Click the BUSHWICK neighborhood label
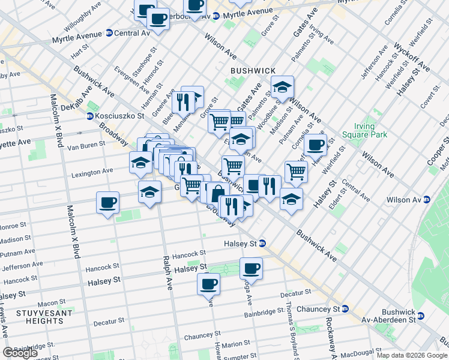click(253, 70)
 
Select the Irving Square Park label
click(364, 131)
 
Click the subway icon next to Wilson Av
click(427, 200)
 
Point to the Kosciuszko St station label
click(117, 116)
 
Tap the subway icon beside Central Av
click(109, 33)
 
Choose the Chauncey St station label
click(323, 308)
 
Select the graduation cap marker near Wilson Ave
click(282, 88)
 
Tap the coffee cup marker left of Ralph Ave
click(107, 203)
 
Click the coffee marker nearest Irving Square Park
click(315, 145)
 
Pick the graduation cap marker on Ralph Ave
click(149, 193)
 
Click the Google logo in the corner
click(20, 353)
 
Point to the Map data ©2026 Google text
click(412, 355)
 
